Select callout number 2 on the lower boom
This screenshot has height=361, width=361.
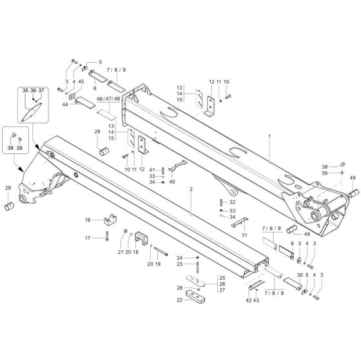point(191,190)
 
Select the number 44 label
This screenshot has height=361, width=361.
point(65,104)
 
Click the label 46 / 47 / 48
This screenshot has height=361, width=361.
point(108,99)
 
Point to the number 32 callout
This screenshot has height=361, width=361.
point(233,202)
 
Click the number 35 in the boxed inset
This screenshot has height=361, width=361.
point(26,90)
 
